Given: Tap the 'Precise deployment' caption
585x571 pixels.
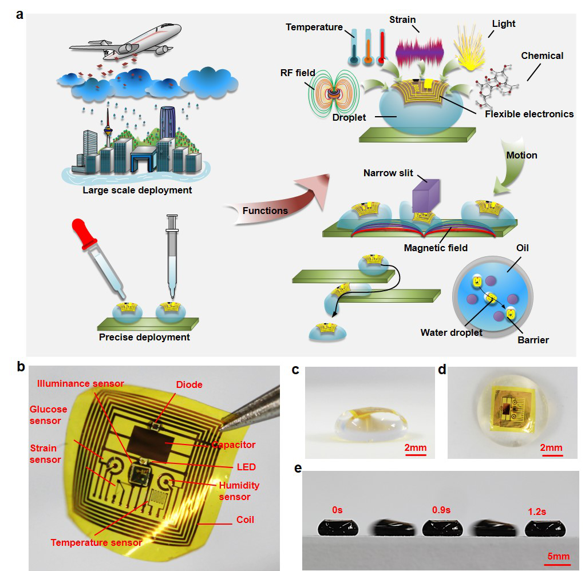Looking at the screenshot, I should coord(144,337).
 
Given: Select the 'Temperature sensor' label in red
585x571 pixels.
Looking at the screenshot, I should coord(96,542).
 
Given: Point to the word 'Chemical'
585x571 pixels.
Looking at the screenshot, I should coord(541,55).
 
